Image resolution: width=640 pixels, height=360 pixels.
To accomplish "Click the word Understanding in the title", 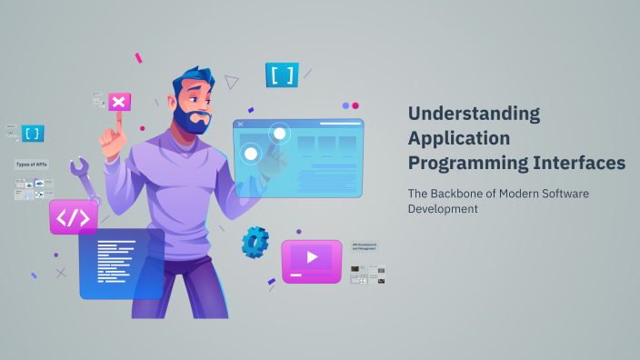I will tap(474, 115).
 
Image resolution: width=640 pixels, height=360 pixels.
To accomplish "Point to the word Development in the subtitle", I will tap(442, 209).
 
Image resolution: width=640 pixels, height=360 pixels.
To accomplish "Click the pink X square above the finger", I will tap(118, 102).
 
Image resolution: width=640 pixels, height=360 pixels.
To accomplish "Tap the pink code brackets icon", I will tap(73, 217).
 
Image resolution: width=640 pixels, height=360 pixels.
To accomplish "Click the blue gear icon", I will tap(255, 242).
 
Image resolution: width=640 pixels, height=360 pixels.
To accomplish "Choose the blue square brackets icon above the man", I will tap(282, 75).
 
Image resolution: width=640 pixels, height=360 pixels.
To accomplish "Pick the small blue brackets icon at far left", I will tap(33, 134).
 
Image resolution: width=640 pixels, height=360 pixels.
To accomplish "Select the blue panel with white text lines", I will tap(121, 264).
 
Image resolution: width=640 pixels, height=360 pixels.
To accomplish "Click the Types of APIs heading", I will tap(32, 165).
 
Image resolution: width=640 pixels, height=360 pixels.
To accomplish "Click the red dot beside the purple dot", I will tap(356, 105).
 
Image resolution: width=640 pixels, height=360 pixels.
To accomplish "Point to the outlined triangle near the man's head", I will tap(232, 83).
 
